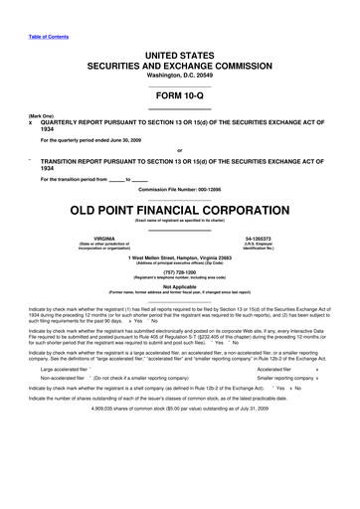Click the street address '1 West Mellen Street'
(149, 257)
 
